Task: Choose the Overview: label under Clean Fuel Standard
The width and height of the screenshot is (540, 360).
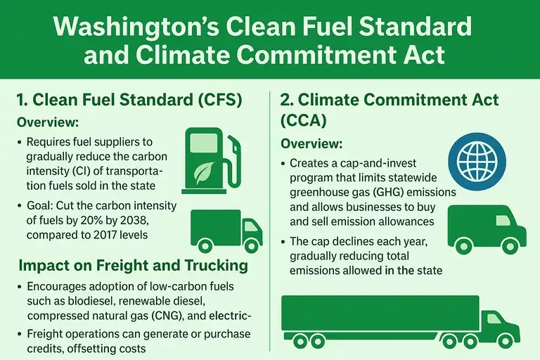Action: [46, 121]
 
